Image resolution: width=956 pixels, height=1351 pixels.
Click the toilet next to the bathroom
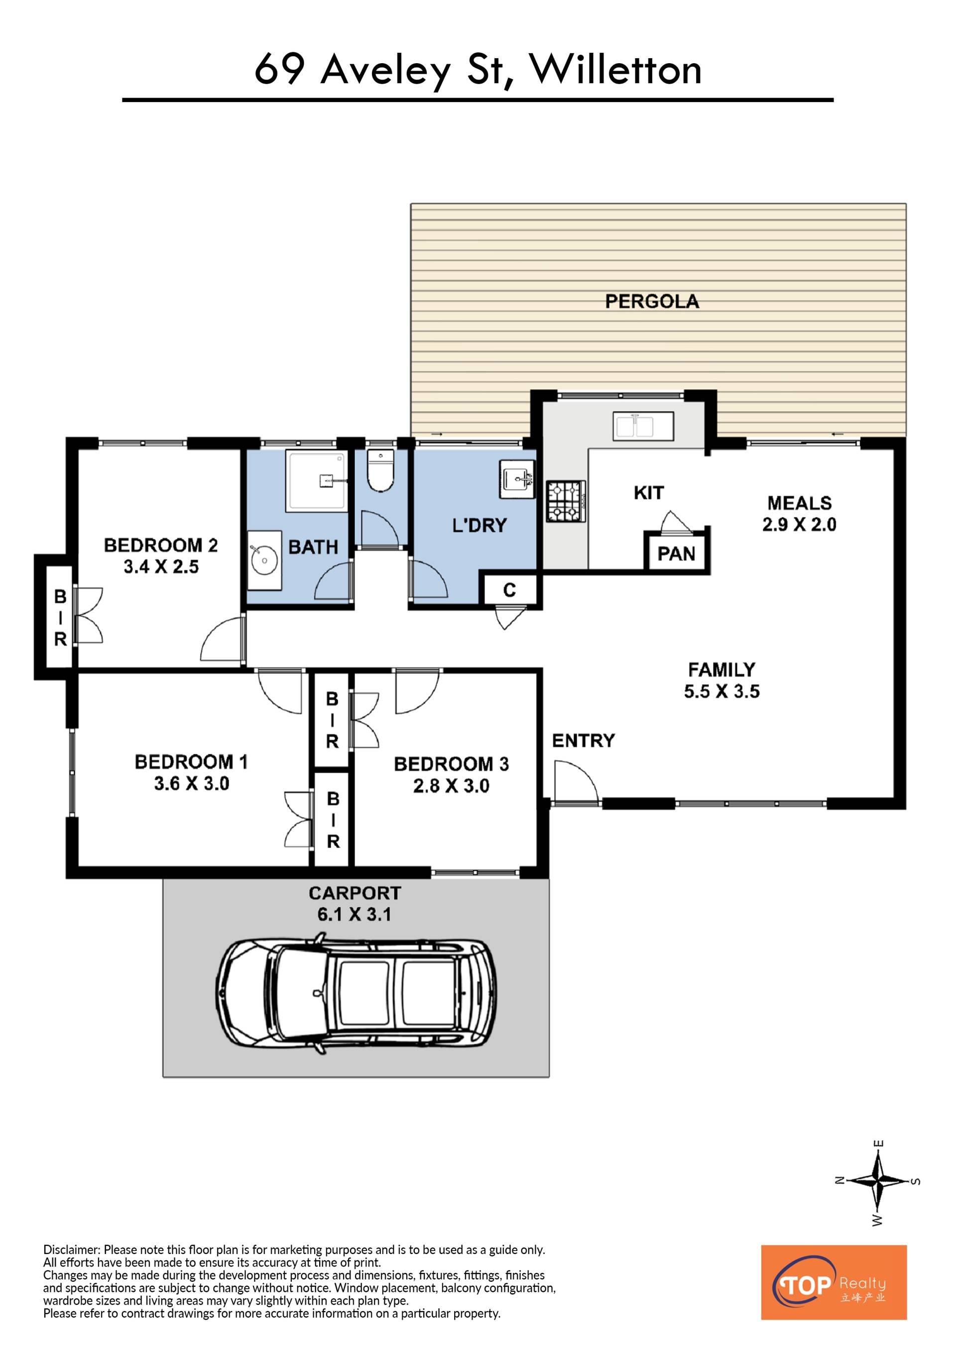(380, 471)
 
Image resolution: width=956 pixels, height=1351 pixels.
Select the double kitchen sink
(643, 426)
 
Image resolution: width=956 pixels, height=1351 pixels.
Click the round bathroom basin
(264, 560)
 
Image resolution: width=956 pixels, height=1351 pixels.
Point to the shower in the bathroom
(317, 480)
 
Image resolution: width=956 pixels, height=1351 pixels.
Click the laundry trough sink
(517, 479)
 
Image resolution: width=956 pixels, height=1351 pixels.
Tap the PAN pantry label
(676, 554)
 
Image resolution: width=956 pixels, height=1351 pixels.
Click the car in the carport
(356, 993)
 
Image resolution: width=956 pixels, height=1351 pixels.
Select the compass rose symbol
(878, 1180)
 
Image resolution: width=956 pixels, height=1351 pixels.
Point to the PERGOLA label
(652, 302)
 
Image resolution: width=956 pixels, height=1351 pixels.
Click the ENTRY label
(584, 740)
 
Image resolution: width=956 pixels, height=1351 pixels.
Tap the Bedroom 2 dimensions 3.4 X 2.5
(161, 567)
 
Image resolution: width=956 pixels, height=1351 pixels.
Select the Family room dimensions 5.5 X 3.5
(721, 691)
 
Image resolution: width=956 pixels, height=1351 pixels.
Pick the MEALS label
(800, 503)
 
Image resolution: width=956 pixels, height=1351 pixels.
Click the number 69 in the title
(280, 70)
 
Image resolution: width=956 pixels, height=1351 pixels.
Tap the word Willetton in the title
(616, 70)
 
